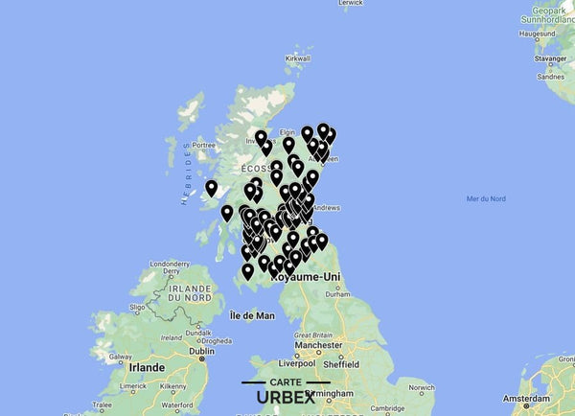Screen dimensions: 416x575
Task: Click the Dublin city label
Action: [202, 352]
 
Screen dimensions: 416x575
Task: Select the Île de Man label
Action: [253, 315]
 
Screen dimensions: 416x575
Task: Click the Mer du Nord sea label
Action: [485, 198]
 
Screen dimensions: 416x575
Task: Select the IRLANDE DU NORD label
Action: [189, 292]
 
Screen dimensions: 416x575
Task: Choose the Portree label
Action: [203, 144]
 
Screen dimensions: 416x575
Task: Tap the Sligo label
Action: [135, 309]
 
